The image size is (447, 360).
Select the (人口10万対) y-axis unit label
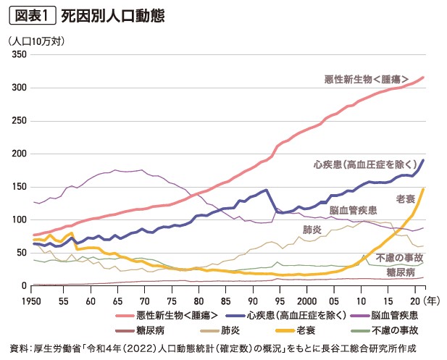(38, 41)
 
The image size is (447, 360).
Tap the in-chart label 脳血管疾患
(353, 210)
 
